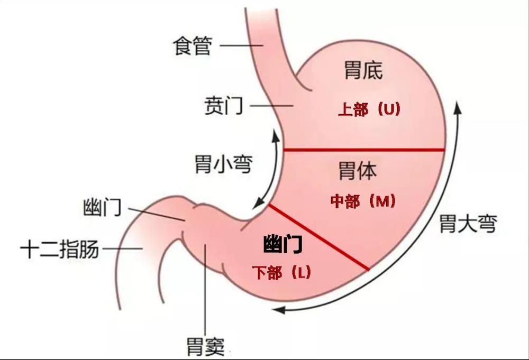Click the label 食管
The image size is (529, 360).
point(193,46)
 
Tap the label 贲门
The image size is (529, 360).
point(224,106)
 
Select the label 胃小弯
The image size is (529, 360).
point(224,164)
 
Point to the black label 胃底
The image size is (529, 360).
point(363,70)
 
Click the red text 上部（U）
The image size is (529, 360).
point(369,109)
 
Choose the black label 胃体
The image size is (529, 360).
point(358,170)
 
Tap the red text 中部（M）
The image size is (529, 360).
point(363,201)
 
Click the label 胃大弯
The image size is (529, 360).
point(468,224)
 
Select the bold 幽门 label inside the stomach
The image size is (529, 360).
point(282,244)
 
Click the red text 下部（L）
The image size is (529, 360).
point(281,272)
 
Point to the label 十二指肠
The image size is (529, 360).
point(60,250)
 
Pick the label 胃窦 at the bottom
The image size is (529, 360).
point(206,346)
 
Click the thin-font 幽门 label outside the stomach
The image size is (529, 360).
point(102,207)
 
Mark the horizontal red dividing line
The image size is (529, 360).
point(364,150)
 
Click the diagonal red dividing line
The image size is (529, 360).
point(318,237)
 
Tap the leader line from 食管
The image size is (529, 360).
point(241,45)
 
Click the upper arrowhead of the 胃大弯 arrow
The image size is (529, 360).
point(458,108)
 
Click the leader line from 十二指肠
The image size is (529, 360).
point(123,249)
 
